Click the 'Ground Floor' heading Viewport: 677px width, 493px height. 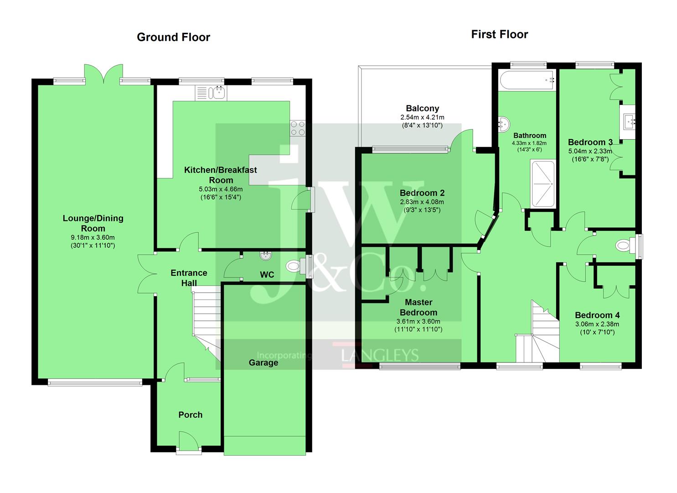coord(173,37)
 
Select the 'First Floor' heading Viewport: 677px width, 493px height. coord(499,35)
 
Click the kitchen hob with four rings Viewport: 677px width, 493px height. coord(298,128)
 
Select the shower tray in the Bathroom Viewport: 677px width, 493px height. coord(543,184)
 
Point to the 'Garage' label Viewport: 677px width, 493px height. coord(263,363)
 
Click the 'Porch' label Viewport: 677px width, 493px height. coord(190,415)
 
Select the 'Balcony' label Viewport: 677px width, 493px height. coord(422,109)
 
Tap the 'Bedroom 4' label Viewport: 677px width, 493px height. coord(597,315)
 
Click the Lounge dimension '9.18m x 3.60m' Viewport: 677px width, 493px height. coord(93,237)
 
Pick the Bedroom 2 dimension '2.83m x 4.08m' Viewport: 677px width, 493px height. coord(422,202)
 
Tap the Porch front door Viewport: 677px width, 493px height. coord(189,443)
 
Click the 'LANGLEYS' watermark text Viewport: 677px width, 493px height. coord(380,355)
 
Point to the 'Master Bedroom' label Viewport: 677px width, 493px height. coord(418,307)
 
